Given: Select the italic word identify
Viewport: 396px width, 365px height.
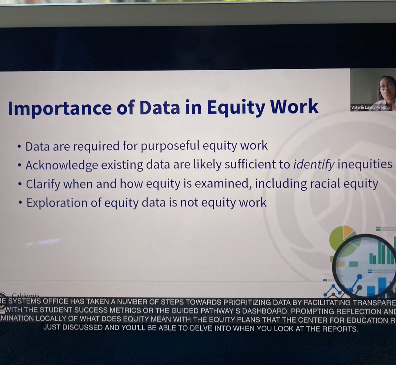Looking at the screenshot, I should pyautogui.click(x=314, y=164).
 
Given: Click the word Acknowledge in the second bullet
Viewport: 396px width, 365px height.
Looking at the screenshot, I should pyautogui.click(x=62, y=165).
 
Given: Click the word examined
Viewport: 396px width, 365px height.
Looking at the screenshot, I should pyautogui.click(x=223, y=184).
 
